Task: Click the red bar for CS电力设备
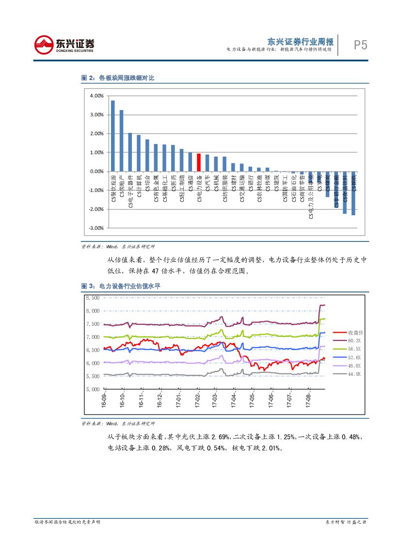click(198, 162)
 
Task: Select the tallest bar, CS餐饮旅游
click(112, 136)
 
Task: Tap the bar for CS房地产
click(121, 141)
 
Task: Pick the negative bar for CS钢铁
click(353, 193)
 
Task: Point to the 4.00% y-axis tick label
click(97, 96)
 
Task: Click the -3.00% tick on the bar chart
click(96, 228)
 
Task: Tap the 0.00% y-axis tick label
click(97, 172)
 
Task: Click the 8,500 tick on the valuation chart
click(93, 298)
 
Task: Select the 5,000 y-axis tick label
click(93, 389)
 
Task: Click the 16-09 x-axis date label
click(104, 402)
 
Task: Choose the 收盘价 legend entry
click(356, 333)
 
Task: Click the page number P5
click(360, 46)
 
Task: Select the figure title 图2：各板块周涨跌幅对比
click(117, 78)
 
